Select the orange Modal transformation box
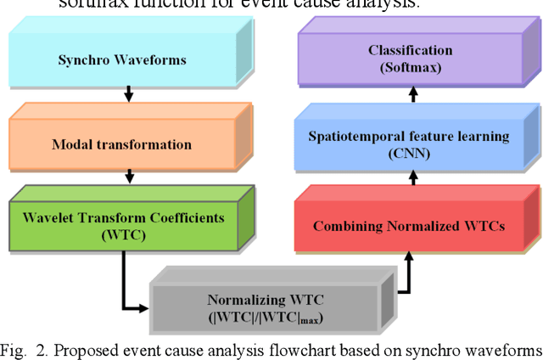(124, 143)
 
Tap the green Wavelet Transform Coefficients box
(124, 225)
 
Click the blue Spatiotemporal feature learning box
(410, 143)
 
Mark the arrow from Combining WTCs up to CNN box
(412, 177)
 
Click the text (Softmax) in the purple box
(410, 66)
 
